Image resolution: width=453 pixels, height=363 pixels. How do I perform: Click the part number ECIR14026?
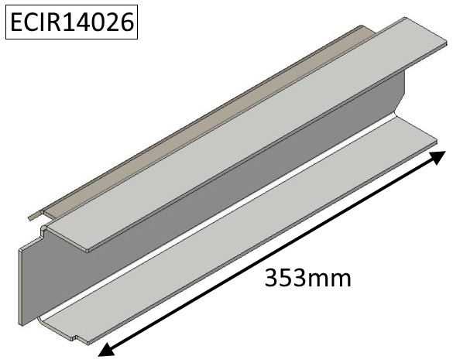pyautogui.click(x=72, y=22)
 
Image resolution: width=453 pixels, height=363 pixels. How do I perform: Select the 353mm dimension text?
pyautogui.click(x=307, y=278)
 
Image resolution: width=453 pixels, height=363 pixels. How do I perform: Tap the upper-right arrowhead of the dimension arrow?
pyautogui.click(x=437, y=157)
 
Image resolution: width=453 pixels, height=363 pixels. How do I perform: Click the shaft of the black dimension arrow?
pyautogui.click(x=272, y=253)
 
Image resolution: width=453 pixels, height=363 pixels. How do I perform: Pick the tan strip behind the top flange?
pyautogui.click(x=202, y=122)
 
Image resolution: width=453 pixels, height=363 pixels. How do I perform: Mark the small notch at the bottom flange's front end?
pyautogui.click(x=77, y=338)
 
